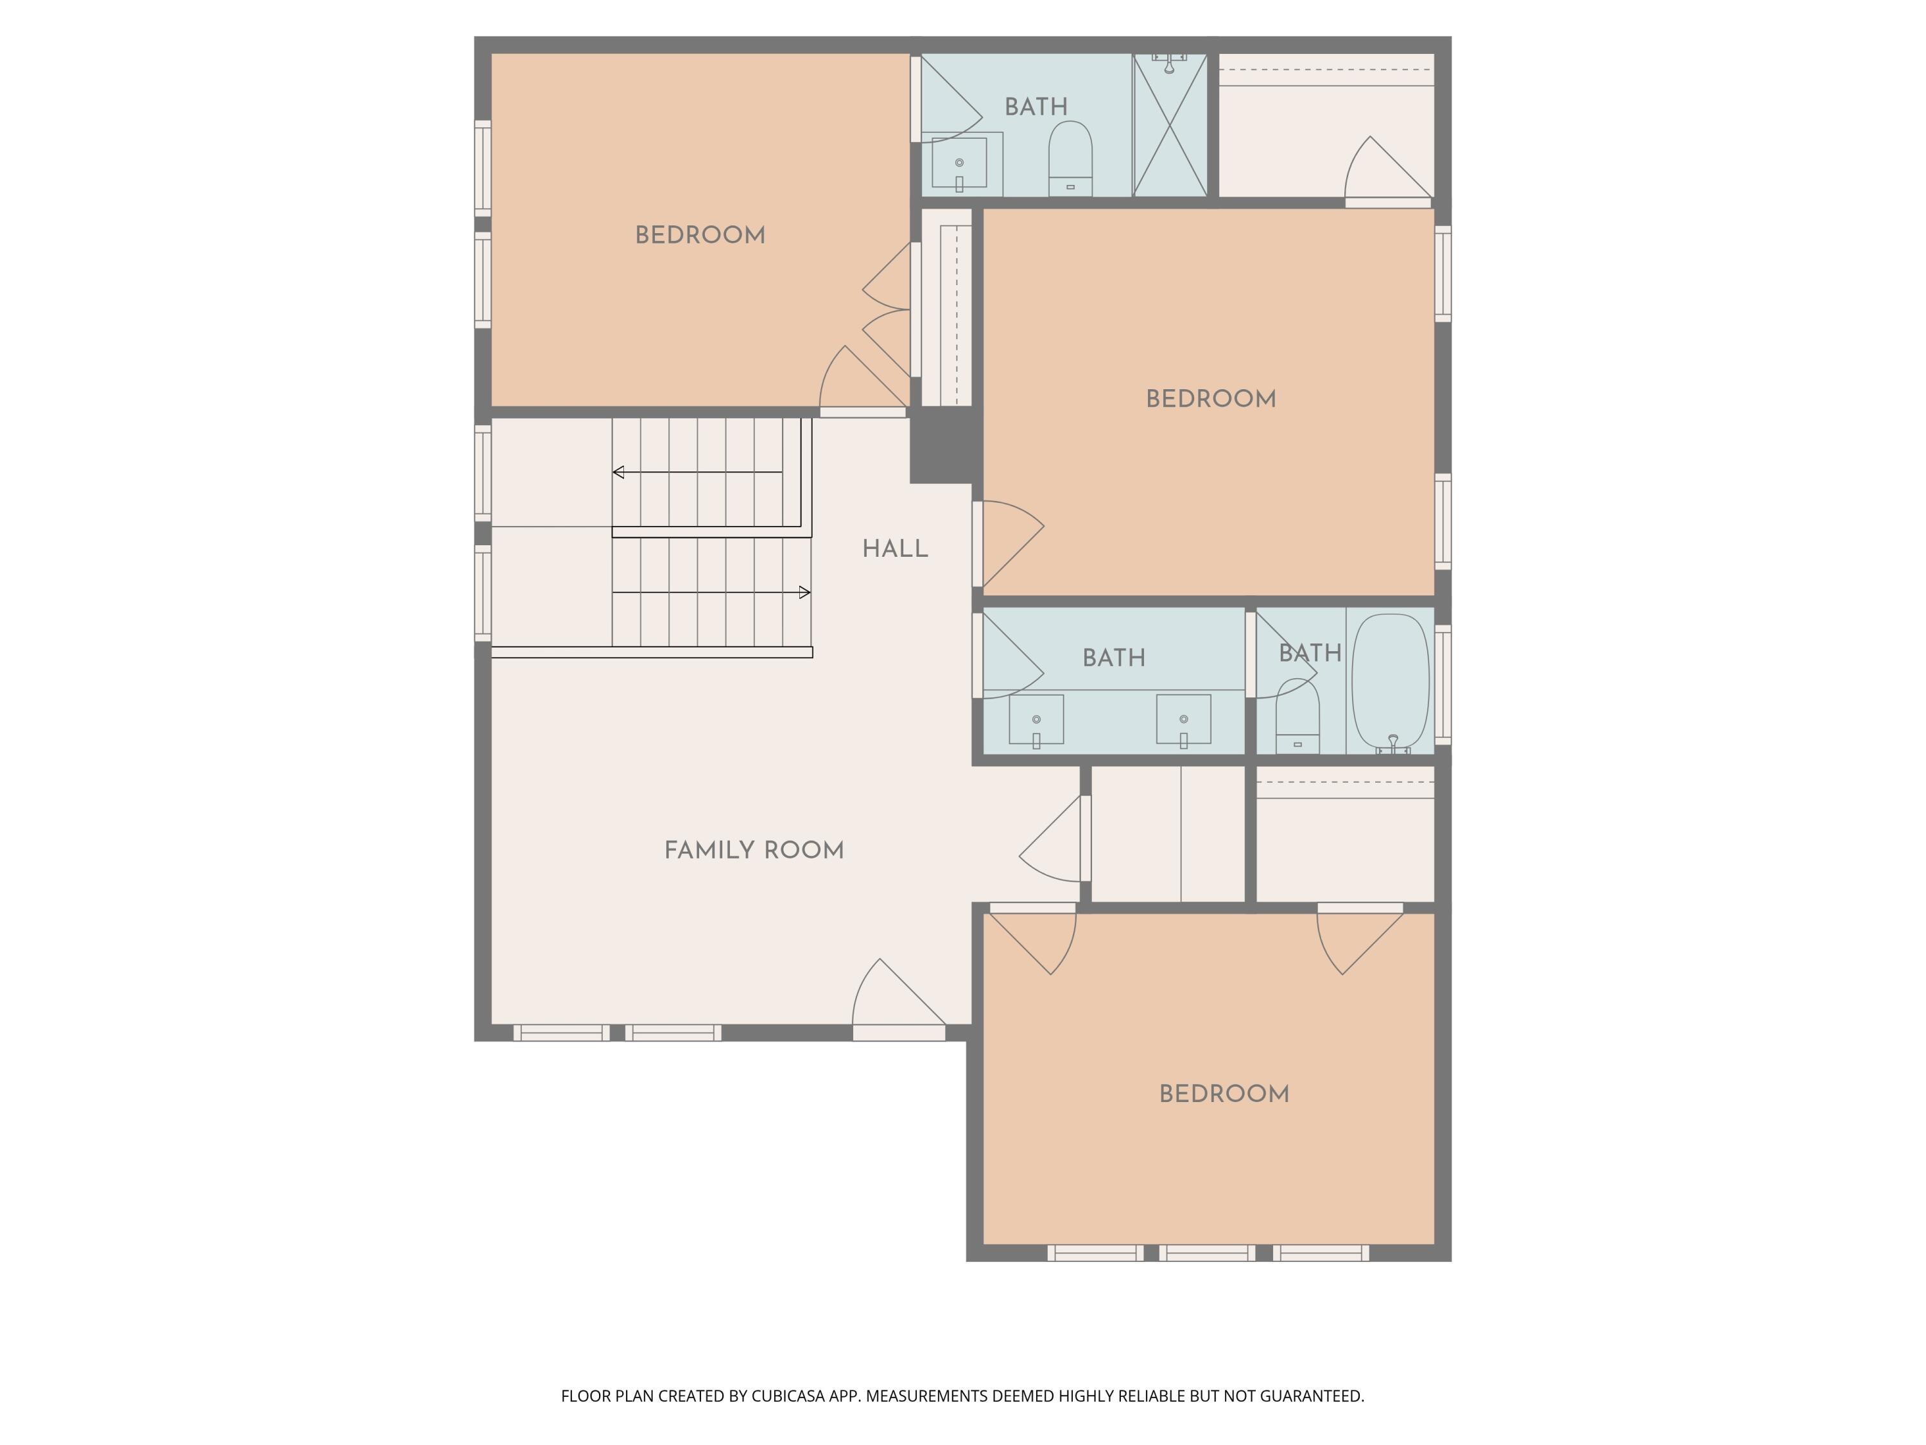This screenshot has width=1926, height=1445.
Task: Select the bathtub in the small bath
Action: [1391, 682]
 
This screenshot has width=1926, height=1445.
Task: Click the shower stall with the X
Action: [1170, 125]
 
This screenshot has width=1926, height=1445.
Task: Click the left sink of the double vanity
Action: [1036, 719]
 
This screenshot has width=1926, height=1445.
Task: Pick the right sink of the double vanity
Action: [1183, 719]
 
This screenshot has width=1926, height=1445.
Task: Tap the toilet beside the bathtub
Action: [1297, 719]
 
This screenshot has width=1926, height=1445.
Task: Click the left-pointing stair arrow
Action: [619, 472]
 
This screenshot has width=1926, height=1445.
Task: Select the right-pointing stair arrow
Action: [804, 592]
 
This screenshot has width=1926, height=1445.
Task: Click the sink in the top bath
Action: [959, 163]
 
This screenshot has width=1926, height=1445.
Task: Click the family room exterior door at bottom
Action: [899, 1033]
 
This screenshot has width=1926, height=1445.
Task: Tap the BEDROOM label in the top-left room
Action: [700, 236]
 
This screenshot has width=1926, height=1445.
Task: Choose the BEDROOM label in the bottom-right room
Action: [1224, 1095]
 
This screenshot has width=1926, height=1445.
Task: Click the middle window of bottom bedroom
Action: [1207, 1254]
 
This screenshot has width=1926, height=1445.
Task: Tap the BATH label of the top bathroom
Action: [1036, 107]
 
